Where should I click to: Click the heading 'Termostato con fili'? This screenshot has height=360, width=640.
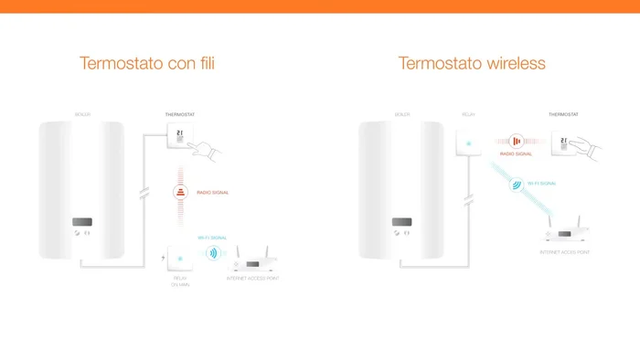147,64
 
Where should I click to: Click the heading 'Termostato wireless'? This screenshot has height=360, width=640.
472,64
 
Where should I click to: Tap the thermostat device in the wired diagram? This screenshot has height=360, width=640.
178,136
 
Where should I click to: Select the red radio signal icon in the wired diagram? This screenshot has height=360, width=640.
180,193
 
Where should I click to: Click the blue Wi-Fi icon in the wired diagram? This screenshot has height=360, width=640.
213,253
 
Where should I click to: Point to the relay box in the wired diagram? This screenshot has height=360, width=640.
179,257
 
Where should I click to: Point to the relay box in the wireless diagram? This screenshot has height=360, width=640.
468,143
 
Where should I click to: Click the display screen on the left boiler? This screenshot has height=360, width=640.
81,222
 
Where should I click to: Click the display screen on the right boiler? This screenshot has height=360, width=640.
401,222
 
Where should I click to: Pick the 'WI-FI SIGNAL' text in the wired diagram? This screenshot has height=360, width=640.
212,237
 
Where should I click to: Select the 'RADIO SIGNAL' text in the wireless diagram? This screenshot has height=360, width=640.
516,154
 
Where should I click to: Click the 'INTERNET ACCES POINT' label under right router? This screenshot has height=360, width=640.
564,251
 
